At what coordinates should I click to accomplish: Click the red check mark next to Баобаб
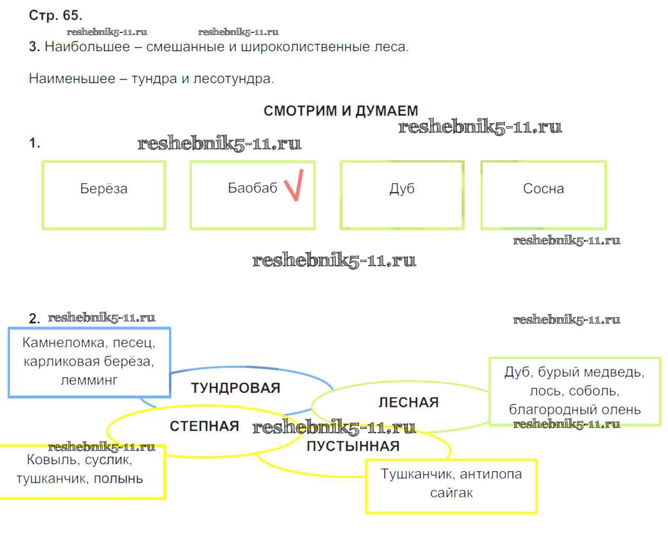pyautogui.click(x=294, y=185)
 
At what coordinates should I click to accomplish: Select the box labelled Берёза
pyautogui.click(x=104, y=195)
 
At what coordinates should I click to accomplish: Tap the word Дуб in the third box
pyautogui.click(x=402, y=188)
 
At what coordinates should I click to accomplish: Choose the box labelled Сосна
pyautogui.click(x=543, y=195)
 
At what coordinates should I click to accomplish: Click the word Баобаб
pyautogui.click(x=252, y=188)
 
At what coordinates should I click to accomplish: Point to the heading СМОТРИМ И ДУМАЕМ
pyautogui.click(x=341, y=111)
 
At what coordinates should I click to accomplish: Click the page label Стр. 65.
pyautogui.click(x=55, y=15)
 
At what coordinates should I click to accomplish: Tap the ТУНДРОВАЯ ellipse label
pyautogui.click(x=236, y=388)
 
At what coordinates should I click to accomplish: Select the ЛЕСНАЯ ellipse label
pyautogui.click(x=408, y=402)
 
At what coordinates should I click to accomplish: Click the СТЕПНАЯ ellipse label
pyautogui.click(x=204, y=426)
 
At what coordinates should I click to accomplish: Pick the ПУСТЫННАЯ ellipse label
pyautogui.click(x=353, y=446)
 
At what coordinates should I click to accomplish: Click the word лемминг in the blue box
pyautogui.click(x=89, y=380)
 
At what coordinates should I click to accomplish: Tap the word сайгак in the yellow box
pyautogui.click(x=452, y=493)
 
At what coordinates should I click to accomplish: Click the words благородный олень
pyautogui.click(x=575, y=410)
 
